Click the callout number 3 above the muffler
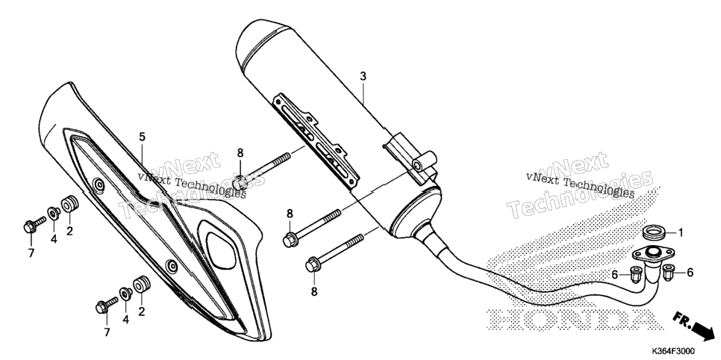pos(363,76)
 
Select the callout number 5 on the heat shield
pos(142,137)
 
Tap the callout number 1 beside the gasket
pos(681,233)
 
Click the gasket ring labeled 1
pos(653,232)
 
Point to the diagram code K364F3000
pos(678,351)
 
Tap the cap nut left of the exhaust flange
pos(637,274)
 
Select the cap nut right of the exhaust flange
pos(668,273)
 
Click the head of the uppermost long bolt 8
pos(239,182)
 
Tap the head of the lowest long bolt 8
pos(312,266)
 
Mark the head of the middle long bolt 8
pos(290,240)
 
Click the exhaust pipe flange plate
pos(653,253)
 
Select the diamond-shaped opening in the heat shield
pos(222,250)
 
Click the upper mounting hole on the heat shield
pos(98,185)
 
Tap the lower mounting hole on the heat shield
pos(172,266)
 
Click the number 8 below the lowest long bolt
pos(314,291)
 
